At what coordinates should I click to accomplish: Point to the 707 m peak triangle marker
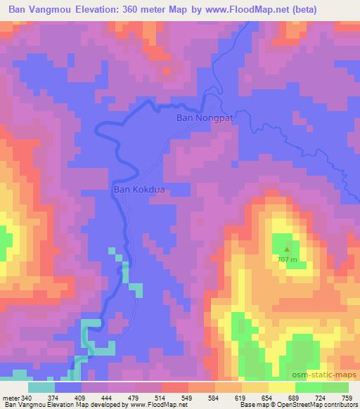point(287,248)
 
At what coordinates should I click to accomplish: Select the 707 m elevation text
point(287,259)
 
